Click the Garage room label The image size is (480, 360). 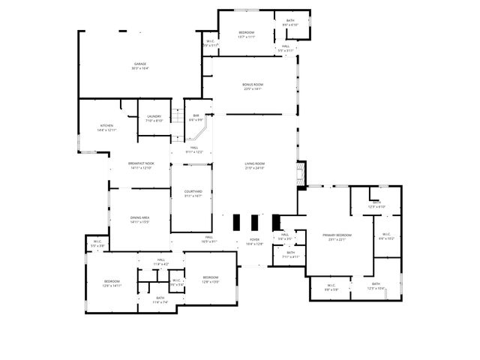point(140,66)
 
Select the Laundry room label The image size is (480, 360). point(154,118)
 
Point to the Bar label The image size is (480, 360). point(196,117)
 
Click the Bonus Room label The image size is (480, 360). point(253,86)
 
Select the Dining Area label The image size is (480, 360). point(140,219)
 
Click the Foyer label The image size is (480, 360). point(254,241)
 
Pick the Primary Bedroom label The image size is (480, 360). point(337,237)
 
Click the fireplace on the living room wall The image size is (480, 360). point(301,175)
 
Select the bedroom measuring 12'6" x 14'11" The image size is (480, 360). point(111,283)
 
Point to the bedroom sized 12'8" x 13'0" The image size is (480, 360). point(210,279)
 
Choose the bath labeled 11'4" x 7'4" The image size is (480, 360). point(160,299)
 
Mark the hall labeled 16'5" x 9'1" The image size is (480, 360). point(208,240)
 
